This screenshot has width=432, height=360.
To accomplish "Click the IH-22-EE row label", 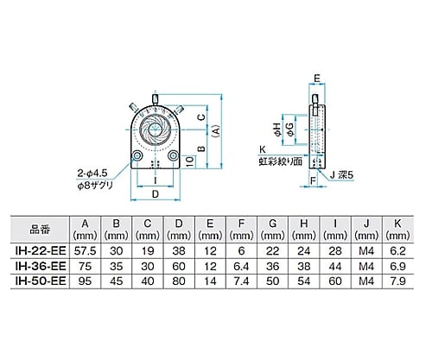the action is [x=41, y=250].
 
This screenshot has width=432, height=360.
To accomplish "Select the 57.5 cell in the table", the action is [x=85, y=251].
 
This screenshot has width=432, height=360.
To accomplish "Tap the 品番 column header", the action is [x=40, y=230].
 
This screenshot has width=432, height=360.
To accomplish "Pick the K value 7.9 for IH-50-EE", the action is [x=397, y=281].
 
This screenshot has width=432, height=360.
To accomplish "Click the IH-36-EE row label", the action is [x=41, y=266].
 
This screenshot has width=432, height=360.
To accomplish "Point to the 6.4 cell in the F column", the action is [x=241, y=266].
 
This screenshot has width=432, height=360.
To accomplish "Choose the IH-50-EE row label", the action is [x=41, y=281].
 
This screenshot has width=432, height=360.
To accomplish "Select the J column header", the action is [x=366, y=230].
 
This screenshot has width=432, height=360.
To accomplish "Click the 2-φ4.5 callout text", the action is [x=92, y=174].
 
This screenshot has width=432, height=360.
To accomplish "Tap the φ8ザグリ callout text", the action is [x=95, y=186].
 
